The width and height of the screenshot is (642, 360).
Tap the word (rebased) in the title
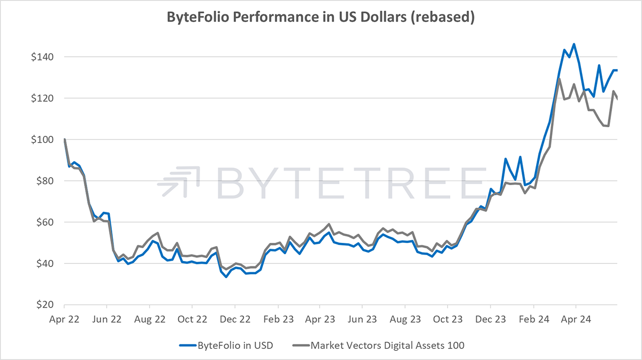pos(443,17)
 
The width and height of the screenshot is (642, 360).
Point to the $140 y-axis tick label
pos(42,57)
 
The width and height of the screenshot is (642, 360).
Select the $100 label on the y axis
pos(42,140)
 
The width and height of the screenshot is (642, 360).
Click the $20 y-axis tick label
pos(45,304)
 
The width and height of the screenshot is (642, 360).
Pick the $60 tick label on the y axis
pos(45,222)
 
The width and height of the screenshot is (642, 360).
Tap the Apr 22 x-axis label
pos(64,319)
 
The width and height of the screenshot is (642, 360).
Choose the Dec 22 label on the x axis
pos(235,319)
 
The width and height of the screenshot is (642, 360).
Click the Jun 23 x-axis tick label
pos(362,319)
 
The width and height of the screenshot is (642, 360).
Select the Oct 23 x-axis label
pos(448,319)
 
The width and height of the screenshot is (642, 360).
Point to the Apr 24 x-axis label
pos(576,319)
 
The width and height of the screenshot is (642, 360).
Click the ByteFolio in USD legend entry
pos(226,346)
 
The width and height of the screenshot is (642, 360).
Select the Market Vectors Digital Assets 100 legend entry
pos(378,346)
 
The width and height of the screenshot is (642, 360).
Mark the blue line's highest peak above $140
pos(574,44)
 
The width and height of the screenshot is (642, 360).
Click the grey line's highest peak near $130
pos(559,79)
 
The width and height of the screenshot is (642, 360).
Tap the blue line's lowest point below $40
pos(226,277)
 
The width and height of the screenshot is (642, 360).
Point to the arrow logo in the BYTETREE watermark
pos(178,182)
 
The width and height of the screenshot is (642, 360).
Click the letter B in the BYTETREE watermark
pos(231,183)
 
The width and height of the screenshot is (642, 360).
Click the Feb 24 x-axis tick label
pos(534,319)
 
